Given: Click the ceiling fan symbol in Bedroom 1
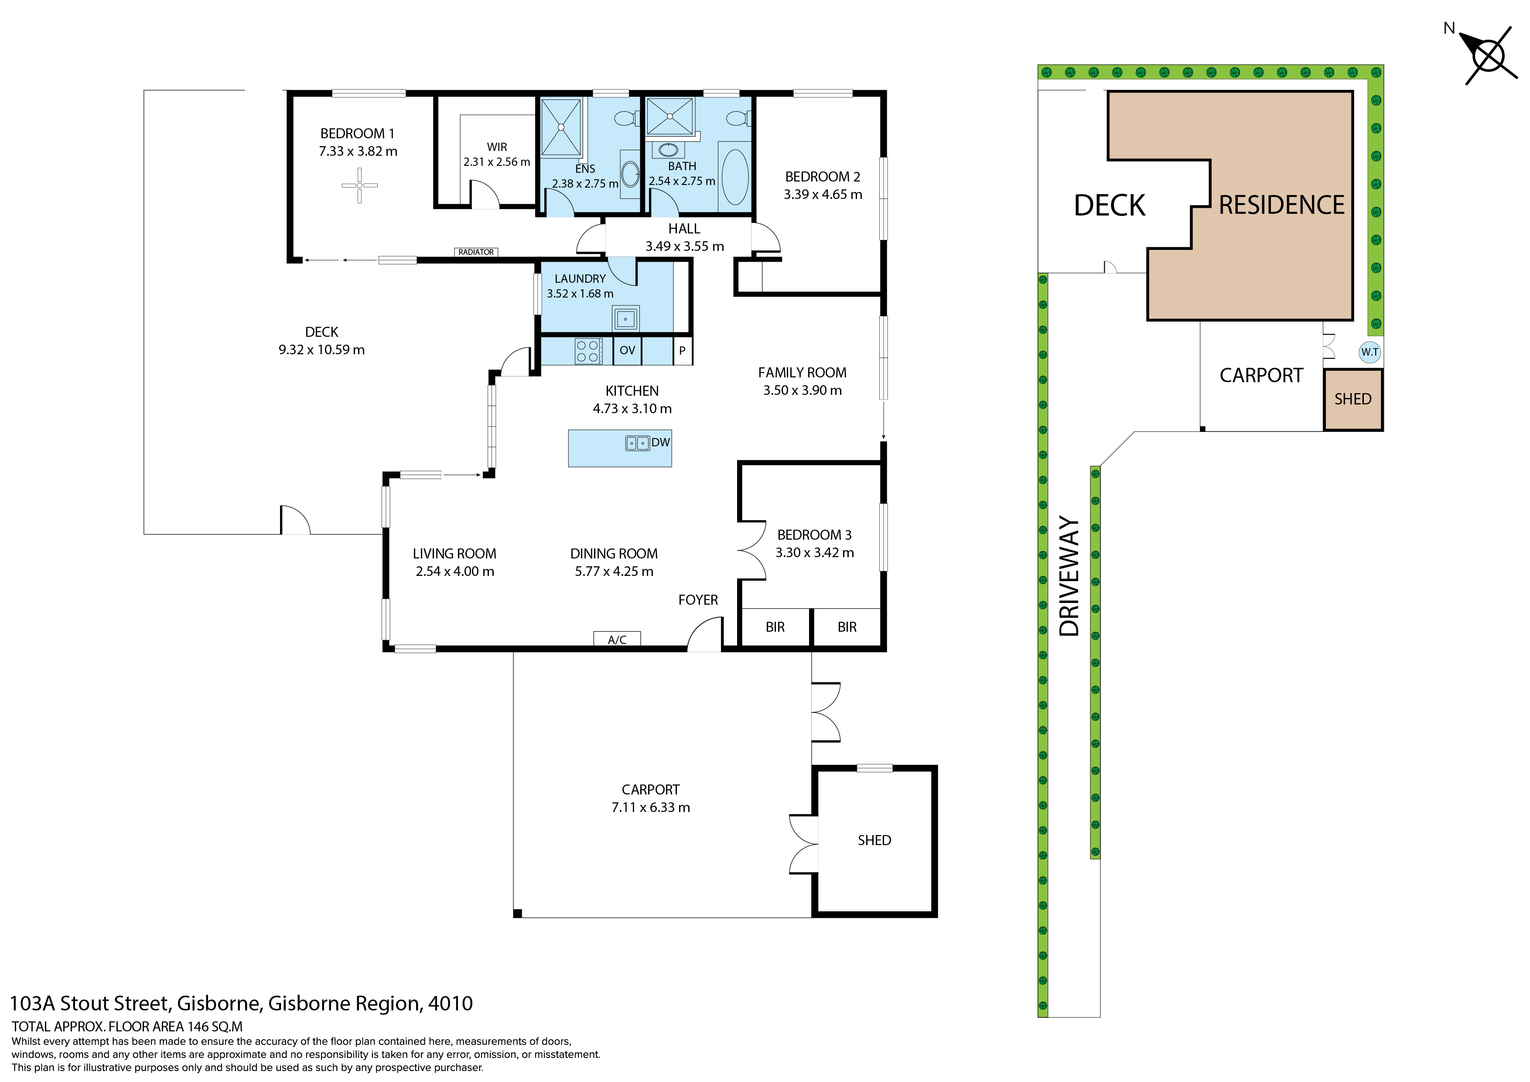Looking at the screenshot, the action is pos(359,185).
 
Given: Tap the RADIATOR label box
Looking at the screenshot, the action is pos(476,252).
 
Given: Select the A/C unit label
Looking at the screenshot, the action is pos(617,639).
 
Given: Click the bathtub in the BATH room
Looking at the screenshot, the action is pos(735,177).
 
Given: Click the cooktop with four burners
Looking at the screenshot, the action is pos(588,351).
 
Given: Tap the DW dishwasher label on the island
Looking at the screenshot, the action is pos(660,442).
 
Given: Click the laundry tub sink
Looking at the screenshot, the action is pos(625,318).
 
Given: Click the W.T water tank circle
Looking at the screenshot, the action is pos(1369,352).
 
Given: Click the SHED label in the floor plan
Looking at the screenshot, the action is pos(874,840).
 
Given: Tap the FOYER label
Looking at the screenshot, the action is pos(698,600).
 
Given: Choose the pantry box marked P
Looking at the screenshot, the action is pos(683,351).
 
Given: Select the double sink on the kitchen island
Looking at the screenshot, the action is pos(638,443).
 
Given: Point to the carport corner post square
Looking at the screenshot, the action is pos(518,913).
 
